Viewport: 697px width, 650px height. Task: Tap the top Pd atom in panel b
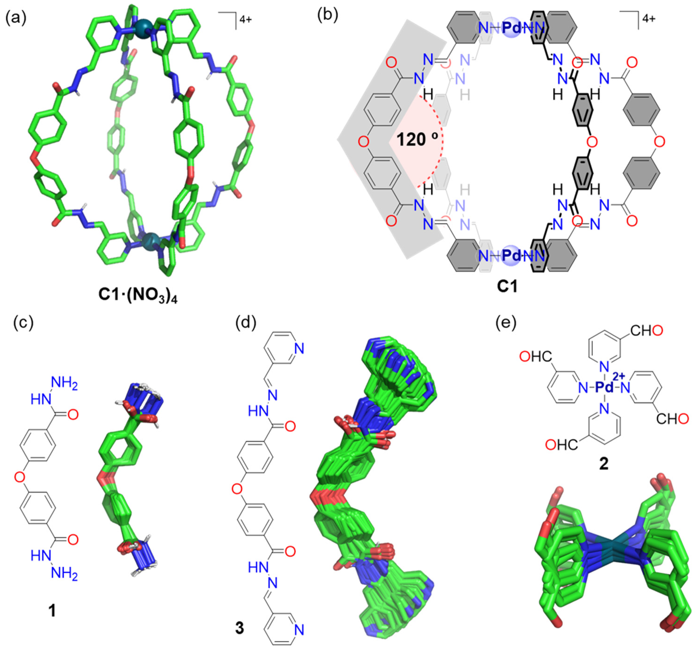pyautogui.click(x=512, y=28)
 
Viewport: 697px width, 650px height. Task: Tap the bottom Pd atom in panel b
pyautogui.click(x=512, y=256)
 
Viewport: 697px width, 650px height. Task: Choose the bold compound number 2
pyautogui.click(x=604, y=465)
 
